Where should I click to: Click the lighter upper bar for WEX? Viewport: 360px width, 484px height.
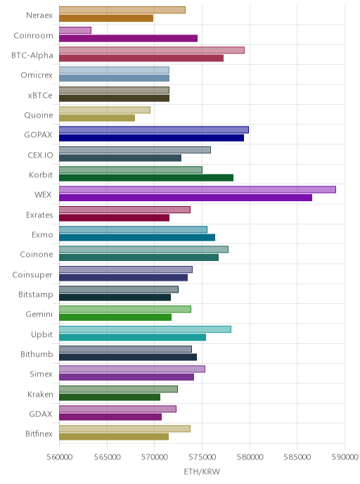click(x=198, y=189)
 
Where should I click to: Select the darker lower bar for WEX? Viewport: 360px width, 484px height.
click(x=186, y=198)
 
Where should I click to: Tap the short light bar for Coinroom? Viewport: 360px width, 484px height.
click(x=75, y=30)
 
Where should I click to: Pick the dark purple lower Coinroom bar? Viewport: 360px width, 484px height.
click(x=129, y=38)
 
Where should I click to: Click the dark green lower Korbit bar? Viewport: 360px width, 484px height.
click(x=146, y=178)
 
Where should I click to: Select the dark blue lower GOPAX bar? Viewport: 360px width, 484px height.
click(x=151, y=138)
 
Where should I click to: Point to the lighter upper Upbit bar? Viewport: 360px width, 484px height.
click(x=145, y=329)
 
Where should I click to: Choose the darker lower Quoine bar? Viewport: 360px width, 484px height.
click(x=97, y=118)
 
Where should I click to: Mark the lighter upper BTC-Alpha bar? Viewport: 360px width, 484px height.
click(x=152, y=50)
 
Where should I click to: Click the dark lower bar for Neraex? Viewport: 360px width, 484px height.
click(x=106, y=18)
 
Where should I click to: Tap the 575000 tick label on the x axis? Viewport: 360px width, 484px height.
click(x=202, y=457)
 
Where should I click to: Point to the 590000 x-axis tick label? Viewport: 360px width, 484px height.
click(x=345, y=457)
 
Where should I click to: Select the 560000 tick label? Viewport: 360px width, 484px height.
click(x=60, y=457)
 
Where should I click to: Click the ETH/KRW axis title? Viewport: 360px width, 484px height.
click(x=202, y=471)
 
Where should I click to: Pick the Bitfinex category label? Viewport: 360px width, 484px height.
click(x=39, y=433)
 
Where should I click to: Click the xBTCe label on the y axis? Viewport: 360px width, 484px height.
click(x=40, y=96)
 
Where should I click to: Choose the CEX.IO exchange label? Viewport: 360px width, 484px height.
click(x=40, y=155)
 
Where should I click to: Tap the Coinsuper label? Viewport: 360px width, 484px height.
click(x=32, y=275)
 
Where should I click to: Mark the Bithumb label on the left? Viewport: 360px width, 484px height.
click(x=37, y=354)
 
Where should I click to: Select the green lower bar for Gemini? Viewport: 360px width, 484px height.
click(x=115, y=317)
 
